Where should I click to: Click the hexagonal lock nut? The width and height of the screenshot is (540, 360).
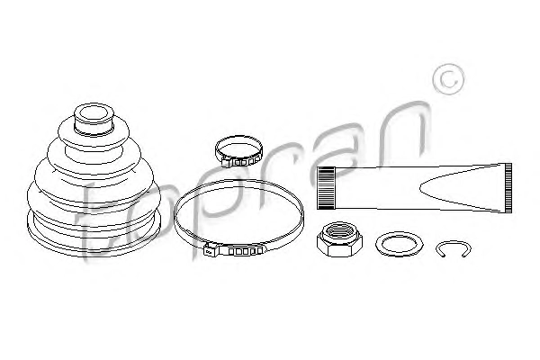click(339, 239)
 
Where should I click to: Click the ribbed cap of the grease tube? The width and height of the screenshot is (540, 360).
click(326, 188)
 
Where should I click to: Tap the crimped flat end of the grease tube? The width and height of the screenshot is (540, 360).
click(508, 188)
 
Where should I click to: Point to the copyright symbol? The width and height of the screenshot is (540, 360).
click(448, 79)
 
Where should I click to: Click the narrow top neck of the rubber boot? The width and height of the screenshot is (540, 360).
click(94, 119)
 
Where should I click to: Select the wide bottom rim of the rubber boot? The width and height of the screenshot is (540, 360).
click(94, 238)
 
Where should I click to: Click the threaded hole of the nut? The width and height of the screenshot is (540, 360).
click(339, 231)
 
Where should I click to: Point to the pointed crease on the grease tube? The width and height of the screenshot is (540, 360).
click(421, 188)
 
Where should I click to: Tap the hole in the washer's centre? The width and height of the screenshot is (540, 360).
click(399, 245)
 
